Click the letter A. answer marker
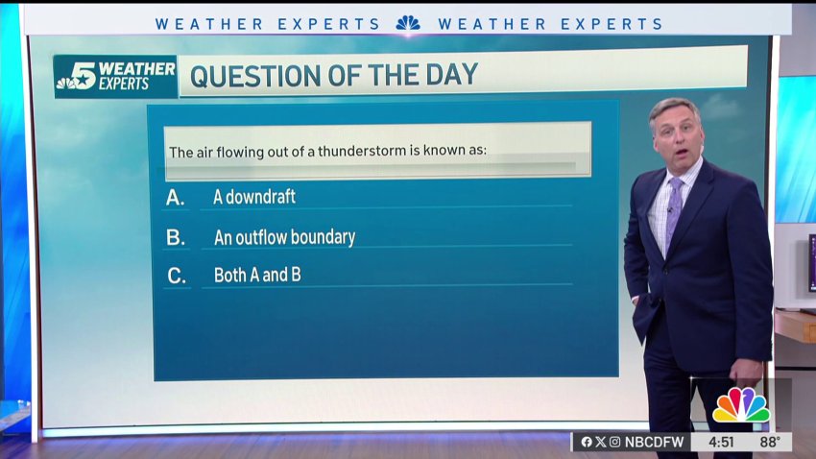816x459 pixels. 176,198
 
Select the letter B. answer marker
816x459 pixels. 176,238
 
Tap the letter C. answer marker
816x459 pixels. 177,276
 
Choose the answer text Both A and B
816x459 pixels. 257,275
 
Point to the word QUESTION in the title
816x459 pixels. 255,76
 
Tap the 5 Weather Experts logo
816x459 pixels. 115,77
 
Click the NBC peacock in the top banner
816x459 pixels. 408,23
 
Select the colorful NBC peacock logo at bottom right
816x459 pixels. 741,405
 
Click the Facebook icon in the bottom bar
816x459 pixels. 587,442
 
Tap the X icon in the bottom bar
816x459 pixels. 601,442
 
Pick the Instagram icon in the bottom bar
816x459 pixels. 614,442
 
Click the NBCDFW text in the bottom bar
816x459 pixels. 654,442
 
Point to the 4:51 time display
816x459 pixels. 721,443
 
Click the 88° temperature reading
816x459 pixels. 770,443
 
